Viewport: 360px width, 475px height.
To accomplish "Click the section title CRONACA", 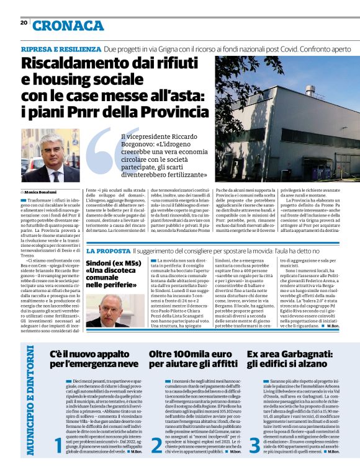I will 68,25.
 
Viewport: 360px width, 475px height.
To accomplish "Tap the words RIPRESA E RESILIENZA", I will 61,48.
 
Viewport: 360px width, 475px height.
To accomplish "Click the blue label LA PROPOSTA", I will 108,251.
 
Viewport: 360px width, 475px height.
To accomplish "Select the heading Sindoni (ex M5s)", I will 114,264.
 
